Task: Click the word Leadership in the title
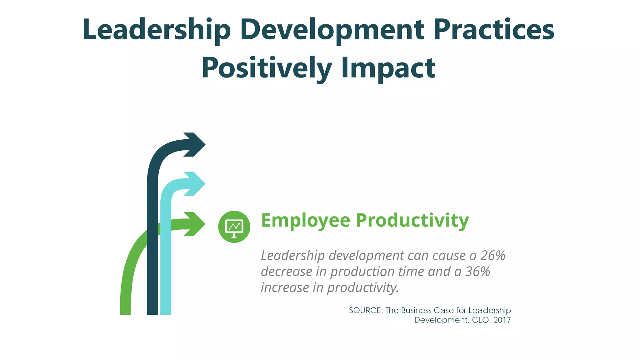click(157, 30)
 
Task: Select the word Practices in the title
click(494, 30)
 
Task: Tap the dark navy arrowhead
click(195, 144)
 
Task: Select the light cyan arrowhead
click(195, 184)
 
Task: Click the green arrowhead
click(195, 224)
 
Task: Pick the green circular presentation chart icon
click(234, 227)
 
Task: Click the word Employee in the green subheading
click(306, 221)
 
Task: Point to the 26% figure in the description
click(493, 256)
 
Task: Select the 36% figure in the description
click(478, 272)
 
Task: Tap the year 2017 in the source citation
click(502, 320)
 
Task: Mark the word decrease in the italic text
click(286, 272)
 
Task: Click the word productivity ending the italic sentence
click(362, 287)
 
